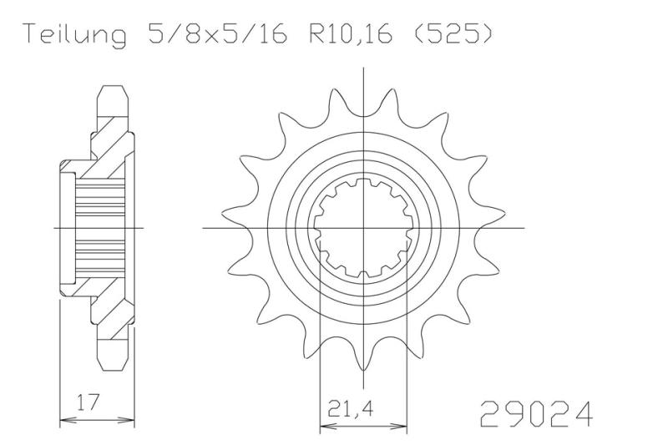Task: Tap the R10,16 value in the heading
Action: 350,34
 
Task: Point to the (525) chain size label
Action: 453,33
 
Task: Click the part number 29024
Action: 536,414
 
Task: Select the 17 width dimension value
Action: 89,402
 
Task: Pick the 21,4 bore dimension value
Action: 350,409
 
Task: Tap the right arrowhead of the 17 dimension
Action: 129,419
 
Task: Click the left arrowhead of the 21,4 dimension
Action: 326,426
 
